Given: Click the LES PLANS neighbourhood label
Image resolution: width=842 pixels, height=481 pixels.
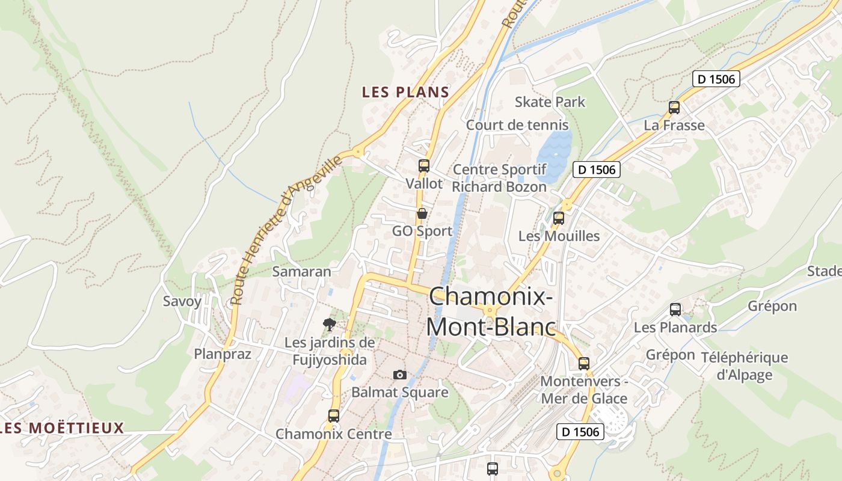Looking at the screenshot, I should tap(405, 92).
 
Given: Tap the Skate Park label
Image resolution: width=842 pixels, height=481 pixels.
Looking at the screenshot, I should tap(550, 102).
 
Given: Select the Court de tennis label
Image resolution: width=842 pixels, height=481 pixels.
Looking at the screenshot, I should tap(517, 125).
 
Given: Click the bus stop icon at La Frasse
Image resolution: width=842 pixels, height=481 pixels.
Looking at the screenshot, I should tap(674, 108).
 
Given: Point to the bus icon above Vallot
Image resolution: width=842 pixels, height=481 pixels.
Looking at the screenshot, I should tap(424, 166).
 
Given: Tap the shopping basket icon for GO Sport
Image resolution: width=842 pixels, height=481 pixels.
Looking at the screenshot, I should tap(422, 213).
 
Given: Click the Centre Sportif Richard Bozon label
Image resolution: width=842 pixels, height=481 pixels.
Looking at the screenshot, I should tap(499, 178).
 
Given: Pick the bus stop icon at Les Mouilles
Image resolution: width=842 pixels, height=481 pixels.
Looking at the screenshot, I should tap(559, 218).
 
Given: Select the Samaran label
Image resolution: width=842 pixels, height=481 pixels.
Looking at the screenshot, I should tap(302, 271).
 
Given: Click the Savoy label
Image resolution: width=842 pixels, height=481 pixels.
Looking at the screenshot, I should tap(182, 301).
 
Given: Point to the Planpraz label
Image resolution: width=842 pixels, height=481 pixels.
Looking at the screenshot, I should tap(223, 354).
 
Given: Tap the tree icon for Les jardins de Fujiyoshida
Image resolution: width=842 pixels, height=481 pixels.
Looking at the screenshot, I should tap(329, 325).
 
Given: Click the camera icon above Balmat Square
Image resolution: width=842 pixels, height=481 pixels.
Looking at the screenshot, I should tap(400, 375).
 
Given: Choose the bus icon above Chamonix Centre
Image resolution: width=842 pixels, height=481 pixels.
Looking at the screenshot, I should tap(334, 415).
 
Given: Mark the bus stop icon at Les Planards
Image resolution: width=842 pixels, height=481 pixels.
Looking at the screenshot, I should tap(675, 310).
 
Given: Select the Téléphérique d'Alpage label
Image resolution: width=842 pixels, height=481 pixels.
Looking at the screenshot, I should tap(744, 366).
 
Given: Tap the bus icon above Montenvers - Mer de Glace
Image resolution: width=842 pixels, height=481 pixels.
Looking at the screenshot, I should tap(584, 363).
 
